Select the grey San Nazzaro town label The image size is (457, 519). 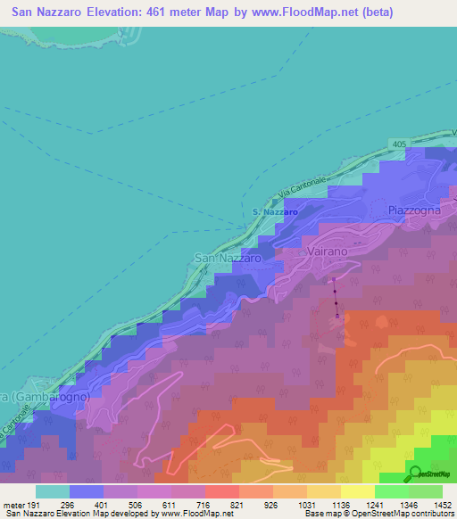tap(227, 258)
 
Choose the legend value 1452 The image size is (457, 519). tap(443, 506)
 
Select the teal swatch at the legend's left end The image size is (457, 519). tap(52, 491)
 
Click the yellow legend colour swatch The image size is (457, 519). tap(357, 491)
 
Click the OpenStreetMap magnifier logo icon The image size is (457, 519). tap(415, 473)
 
